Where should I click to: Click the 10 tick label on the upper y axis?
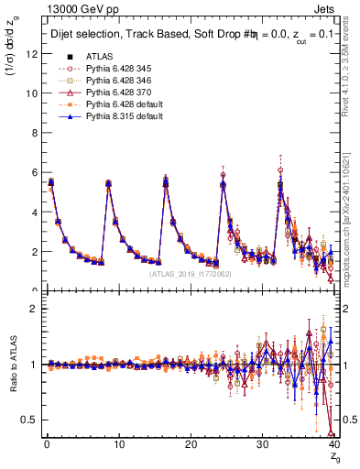[30, 93]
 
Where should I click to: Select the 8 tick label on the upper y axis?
[33, 133]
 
